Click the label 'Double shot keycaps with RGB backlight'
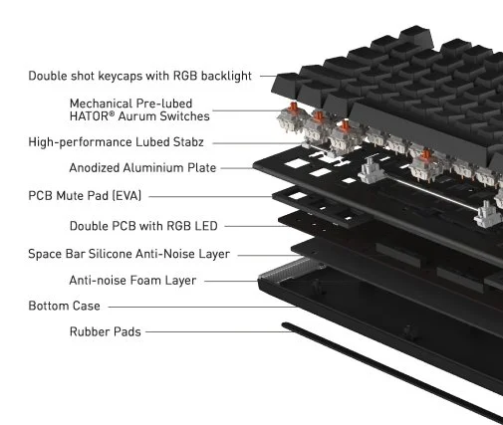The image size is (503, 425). pyautogui.click(x=139, y=76)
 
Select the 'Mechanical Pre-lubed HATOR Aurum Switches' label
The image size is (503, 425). pyautogui.click(x=139, y=109)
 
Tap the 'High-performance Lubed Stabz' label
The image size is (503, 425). pyautogui.click(x=116, y=142)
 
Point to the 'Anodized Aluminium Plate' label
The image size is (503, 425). pyautogui.click(x=142, y=168)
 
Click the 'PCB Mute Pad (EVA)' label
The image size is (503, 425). pyautogui.click(x=85, y=196)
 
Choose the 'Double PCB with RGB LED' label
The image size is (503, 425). pyautogui.click(x=143, y=226)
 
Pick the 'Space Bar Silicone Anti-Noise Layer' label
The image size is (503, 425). pyautogui.click(x=128, y=254)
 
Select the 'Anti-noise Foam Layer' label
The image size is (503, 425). pyautogui.click(x=132, y=281)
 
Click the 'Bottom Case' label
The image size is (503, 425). pyautogui.click(x=64, y=306)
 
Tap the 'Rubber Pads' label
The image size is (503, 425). pyautogui.click(x=105, y=331)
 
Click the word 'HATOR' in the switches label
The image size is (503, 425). pyautogui.click(x=89, y=116)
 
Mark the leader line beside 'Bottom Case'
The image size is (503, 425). pyautogui.click(x=203, y=307)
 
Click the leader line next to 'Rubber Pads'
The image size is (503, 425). pyautogui.click(x=219, y=331)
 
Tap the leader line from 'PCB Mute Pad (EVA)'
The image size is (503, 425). pyautogui.click(x=211, y=196)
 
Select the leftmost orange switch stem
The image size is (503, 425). pyautogui.click(x=293, y=106)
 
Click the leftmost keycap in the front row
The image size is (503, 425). pyautogui.click(x=286, y=86)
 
